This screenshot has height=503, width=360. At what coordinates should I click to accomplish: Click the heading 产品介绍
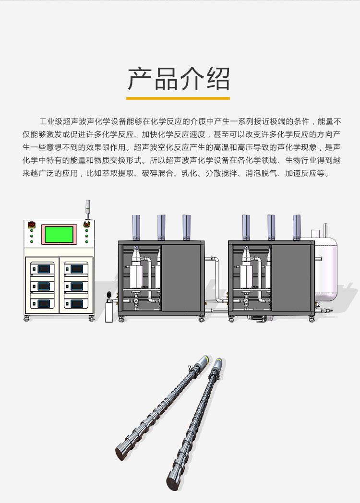(179, 79)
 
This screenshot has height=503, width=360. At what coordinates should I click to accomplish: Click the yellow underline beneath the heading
(178, 98)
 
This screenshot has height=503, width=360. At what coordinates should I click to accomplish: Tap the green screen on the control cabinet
(59, 235)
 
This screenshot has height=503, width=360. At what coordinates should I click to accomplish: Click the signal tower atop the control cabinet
(87, 210)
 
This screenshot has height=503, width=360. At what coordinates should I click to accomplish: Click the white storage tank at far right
(325, 269)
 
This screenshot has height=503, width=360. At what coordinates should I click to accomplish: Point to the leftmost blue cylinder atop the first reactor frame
(136, 228)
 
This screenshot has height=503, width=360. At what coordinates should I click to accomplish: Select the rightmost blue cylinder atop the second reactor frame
(297, 228)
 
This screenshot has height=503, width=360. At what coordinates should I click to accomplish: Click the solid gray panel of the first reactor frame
(181, 278)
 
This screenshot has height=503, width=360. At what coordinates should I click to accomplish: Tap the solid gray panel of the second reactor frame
(291, 278)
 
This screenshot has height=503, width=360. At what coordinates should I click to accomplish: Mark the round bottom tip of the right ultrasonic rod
(173, 483)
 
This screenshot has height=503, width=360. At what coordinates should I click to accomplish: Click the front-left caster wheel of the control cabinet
(26, 319)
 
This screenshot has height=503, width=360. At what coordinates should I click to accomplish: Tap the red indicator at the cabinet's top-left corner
(32, 225)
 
